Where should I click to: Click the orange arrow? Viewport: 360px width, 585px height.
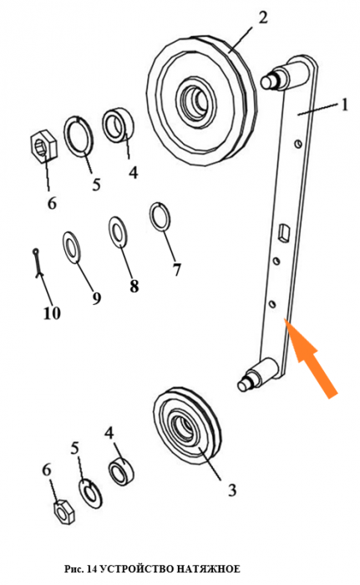coord(311,358)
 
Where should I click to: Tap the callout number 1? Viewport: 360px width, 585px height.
coord(344,104)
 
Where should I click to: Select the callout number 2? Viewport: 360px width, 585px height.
coord(263,18)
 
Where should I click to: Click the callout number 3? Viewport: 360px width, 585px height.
coord(232,490)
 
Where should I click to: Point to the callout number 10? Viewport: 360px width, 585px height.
coord(52,313)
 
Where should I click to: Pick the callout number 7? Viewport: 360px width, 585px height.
coord(176,269)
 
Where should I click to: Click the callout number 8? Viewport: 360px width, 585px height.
coord(134,286)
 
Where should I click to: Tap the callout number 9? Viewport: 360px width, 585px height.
coord(97,298)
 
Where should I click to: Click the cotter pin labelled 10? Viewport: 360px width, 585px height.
coord(38,263)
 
